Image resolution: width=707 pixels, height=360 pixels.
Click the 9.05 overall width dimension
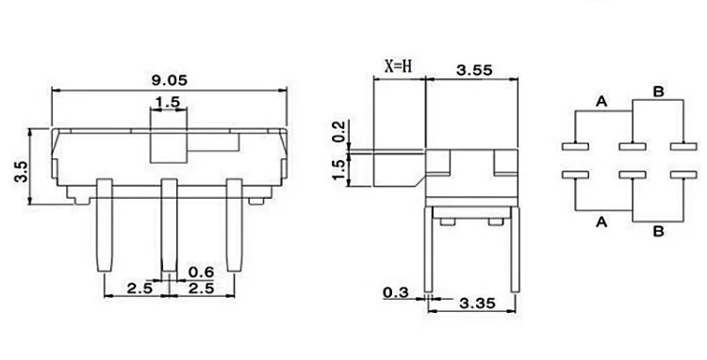tap(169, 80)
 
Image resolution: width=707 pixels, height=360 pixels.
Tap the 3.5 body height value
tap(21, 172)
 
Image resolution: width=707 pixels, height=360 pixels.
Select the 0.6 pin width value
tap(201, 271)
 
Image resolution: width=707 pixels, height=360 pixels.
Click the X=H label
tap(398, 66)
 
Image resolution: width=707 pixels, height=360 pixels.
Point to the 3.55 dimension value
tap(474, 70)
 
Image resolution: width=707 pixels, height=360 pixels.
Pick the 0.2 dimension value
tap(339, 132)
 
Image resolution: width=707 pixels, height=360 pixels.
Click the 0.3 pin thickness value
tap(395, 292)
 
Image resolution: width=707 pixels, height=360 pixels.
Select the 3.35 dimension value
tap(477, 303)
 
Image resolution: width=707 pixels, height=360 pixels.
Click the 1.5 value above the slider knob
tap(168, 102)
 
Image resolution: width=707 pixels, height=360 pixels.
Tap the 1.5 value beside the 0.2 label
tap(339, 169)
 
